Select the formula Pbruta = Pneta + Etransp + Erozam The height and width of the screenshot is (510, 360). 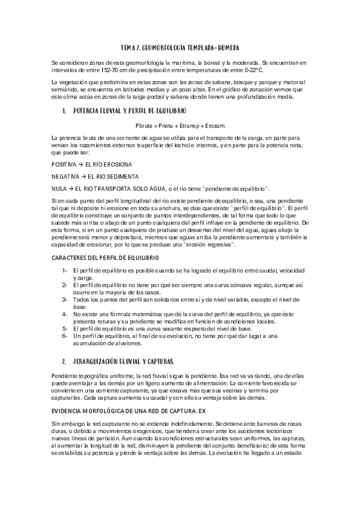pos(180,124)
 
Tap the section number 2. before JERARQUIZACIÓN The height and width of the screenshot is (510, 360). pos(64,361)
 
